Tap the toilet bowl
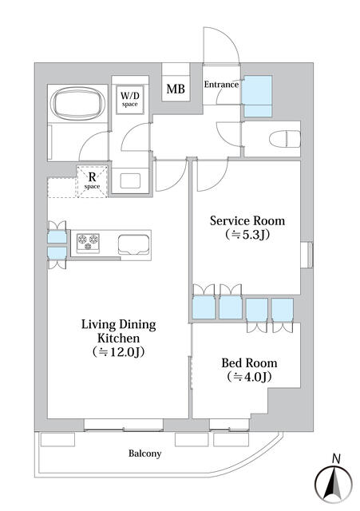point(285,139)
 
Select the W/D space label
point(130,99)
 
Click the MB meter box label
point(176,89)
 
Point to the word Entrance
point(221,85)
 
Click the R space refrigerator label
point(93,180)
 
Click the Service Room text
point(247,220)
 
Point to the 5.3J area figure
point(247,234)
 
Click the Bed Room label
point(249,362)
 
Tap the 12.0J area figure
point(118,352)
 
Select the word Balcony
point(144,454)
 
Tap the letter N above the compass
point(336,459)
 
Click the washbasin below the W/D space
point(130,181)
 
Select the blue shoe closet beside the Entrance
point(258,96)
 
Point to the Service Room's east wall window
point(307,255)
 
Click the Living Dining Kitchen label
point(119,331)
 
